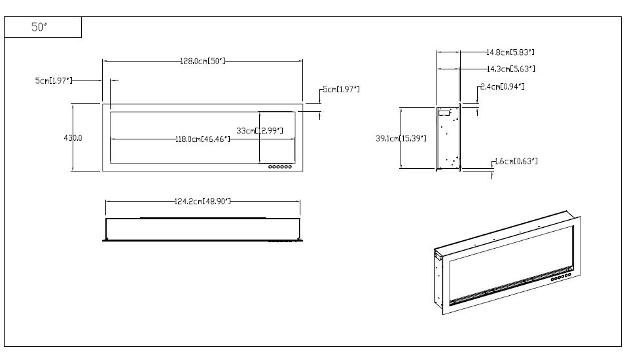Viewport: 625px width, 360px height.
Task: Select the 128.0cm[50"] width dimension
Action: [203, 61]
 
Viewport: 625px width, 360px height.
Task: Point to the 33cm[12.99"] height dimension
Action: [260, 131]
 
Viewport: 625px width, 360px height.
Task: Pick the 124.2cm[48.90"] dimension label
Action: [202, 201]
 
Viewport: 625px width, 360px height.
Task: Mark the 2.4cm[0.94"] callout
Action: [502, 86]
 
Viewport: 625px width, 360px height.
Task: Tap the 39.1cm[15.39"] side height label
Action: [401, 138]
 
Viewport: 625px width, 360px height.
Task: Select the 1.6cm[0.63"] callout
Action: [516, 161]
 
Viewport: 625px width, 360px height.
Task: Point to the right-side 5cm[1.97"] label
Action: [340, 89]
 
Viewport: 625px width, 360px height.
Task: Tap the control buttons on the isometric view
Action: [559, 278]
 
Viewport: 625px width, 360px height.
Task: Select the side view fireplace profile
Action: [448, 137]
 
